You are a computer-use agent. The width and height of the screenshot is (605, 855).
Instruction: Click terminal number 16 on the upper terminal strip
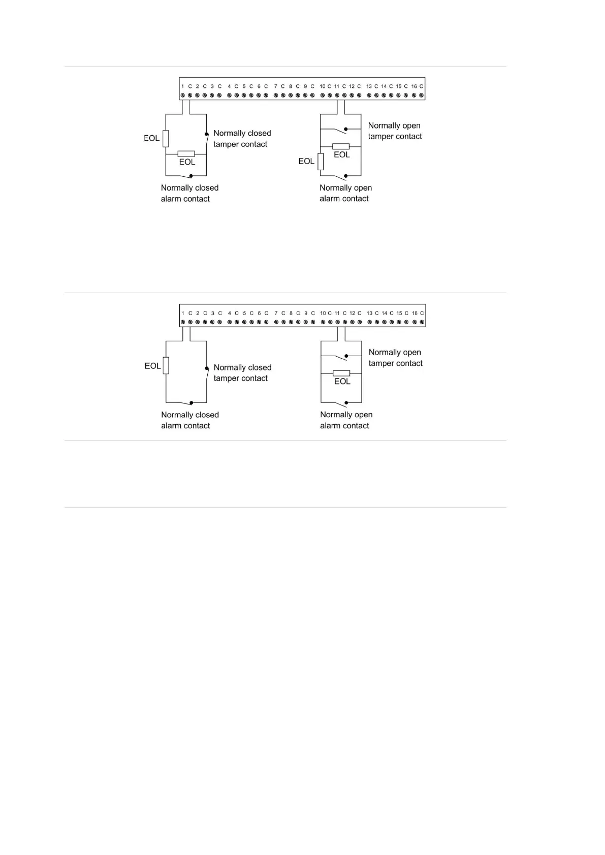coord(414,86)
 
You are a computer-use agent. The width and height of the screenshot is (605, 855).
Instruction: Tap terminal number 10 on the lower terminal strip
coord(323,313)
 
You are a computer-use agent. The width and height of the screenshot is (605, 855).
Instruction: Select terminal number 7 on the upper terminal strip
coord(275,86)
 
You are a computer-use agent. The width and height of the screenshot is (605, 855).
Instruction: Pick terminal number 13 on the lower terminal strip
coord(369,313)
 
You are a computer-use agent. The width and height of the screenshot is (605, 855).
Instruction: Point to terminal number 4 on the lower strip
coord(229,313)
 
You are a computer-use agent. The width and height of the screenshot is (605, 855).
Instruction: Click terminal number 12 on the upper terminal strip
coord(352,86)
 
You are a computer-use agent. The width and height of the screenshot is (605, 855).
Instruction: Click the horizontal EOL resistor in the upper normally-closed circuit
coord(186,153)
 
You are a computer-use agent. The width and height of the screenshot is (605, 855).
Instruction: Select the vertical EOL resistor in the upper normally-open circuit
coord(321,162)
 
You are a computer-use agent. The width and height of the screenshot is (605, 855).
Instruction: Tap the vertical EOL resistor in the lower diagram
coord(166,365)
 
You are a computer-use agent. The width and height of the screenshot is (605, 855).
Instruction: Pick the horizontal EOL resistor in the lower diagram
coord(341,373)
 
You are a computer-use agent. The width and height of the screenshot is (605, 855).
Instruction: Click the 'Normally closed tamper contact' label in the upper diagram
coord(242,139)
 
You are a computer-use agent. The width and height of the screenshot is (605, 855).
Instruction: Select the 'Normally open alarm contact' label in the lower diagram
coord(346,420)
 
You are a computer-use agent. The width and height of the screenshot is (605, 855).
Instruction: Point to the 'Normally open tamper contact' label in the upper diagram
coord(395,131)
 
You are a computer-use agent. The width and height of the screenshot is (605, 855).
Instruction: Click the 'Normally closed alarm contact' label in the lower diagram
coord(189,420)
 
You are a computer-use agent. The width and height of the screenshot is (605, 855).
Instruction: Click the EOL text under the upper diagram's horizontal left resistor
coord(187,162)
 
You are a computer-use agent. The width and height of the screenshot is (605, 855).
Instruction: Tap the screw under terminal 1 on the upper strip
coord(182,95)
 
